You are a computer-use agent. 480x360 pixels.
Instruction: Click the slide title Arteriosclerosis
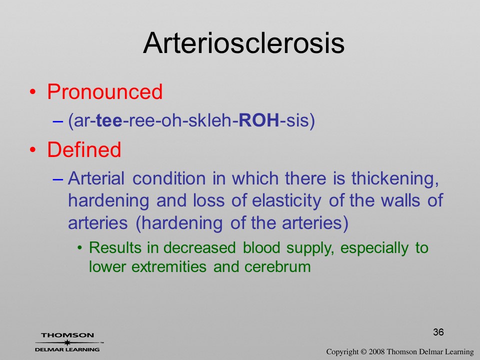click(243, 43)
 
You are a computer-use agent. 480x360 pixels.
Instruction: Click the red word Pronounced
click(104, 91)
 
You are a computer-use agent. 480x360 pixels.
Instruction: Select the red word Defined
click(84, 149)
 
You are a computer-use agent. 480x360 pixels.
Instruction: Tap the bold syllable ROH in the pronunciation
click(258, 120)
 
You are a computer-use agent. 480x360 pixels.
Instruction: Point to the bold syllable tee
click(109, 120)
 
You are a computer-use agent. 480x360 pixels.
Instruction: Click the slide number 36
click(438, 332)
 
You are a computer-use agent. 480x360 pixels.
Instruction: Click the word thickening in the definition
click(395, 178)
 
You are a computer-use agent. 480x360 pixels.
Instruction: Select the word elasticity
click(286, 201)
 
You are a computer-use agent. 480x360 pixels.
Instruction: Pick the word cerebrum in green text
click(277, 266)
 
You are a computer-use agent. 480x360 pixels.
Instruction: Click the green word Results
click(115, 247)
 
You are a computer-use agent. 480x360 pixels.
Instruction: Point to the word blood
click(261, 247)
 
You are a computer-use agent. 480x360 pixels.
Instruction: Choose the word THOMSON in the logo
click(67, 335)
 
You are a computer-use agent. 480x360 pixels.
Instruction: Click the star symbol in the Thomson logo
click(67, 342)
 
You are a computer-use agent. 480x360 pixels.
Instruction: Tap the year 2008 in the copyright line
click(376, 351)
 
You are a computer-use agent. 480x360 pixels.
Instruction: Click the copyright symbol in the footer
click(363, 352)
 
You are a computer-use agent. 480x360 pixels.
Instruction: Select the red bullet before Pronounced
click(32, 92)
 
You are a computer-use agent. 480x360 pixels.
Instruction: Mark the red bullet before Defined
click(32, 150)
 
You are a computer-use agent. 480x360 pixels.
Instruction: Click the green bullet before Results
click(80, 248)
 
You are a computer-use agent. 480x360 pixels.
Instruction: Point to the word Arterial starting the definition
click(96, 178)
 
